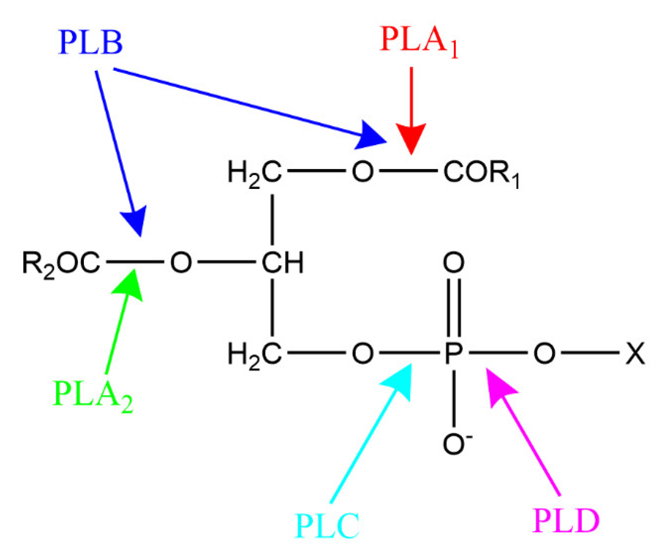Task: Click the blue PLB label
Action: pyautogui.click(x=90, y=43)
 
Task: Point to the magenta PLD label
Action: pyautogui.click(x=566, y=521)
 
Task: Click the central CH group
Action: pyautogui.click(x=282, y=262)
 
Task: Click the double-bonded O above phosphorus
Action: pyautogui.click(x=454, y=262)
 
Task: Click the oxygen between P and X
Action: pyautogui.click(x=544, y=353)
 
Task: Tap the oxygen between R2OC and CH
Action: pyautogui.click(x=181, y=262)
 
